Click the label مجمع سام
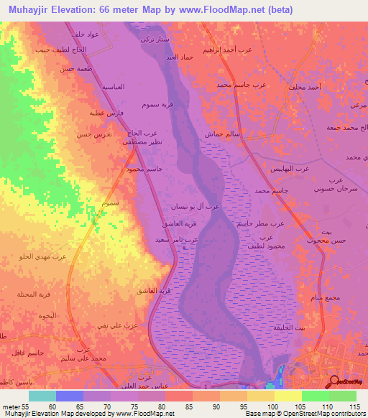[305, 297]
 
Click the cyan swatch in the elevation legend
[42, 396]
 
